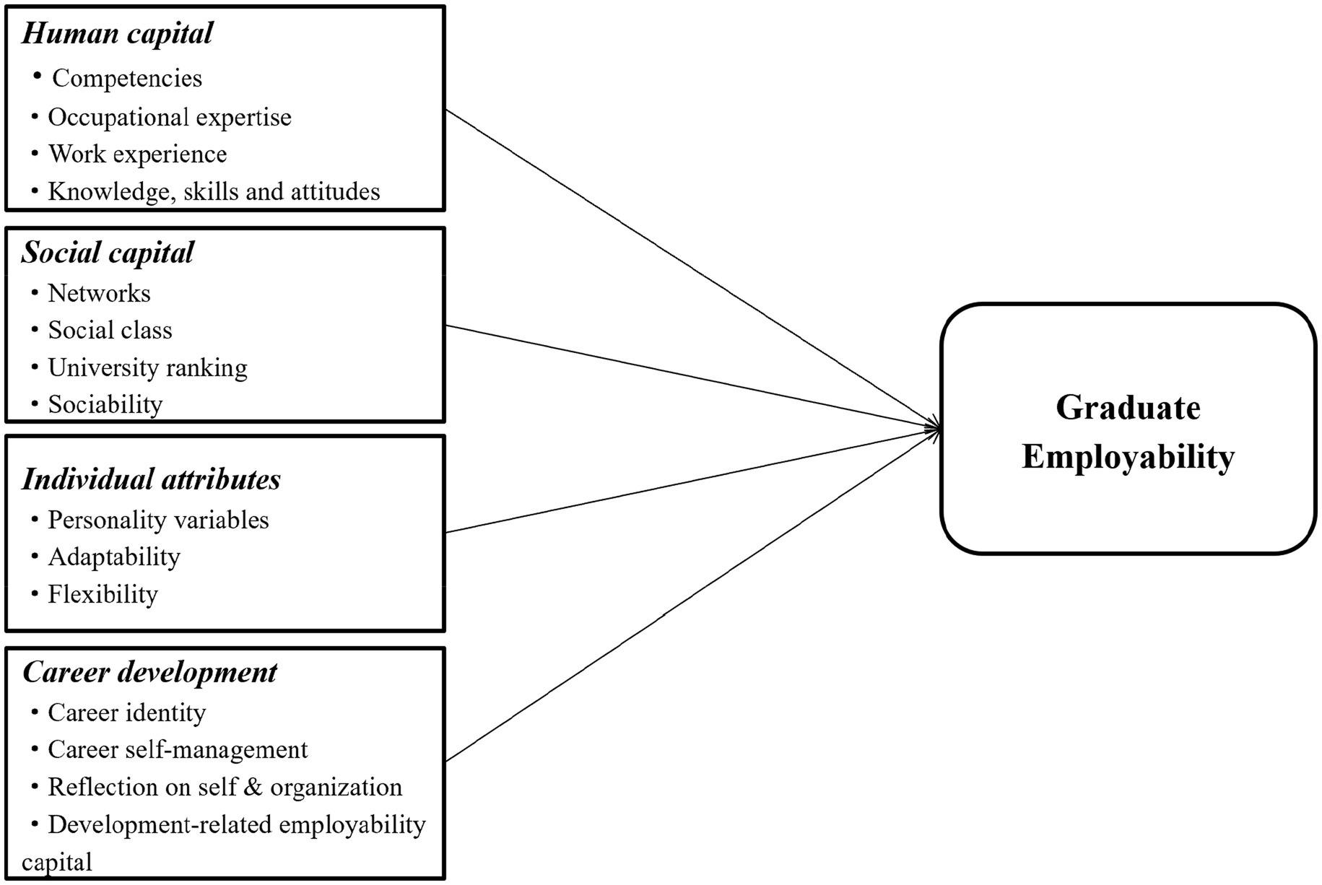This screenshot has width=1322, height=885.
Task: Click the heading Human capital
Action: [x=117, y=33]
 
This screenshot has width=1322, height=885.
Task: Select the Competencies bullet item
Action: [x=127, y=78]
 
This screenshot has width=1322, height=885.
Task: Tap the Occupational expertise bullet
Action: [x=170, y=117]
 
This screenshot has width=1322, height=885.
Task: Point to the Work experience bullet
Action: [x=137, y=154]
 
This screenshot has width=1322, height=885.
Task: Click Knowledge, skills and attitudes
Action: [x=214, y=191]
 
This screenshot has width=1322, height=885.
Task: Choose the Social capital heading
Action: [x=108, y=253]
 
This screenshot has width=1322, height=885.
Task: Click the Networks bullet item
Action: [x=99, y=293]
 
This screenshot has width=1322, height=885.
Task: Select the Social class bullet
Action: [x=110, y=330]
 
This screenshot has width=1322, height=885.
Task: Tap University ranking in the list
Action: [x=147, y=367]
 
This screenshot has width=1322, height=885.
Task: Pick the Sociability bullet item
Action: [x=105, y=404]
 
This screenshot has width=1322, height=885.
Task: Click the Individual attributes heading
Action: [x=151, y=479]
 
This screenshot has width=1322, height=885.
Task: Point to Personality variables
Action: [x=158, y=520]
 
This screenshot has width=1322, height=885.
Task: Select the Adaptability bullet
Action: [x=114, y=557]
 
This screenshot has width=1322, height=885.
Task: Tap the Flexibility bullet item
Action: [x=103, y=594]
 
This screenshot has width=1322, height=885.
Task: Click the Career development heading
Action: [x=149, y=672]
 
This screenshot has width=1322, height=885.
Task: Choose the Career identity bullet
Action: [x=126, y=712]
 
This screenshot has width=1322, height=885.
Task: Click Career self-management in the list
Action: [x=178, y=749]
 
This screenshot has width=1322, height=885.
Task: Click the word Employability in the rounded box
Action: [x=1128, y=457]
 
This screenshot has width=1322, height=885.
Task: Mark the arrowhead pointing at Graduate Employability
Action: [x=936, y=429]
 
